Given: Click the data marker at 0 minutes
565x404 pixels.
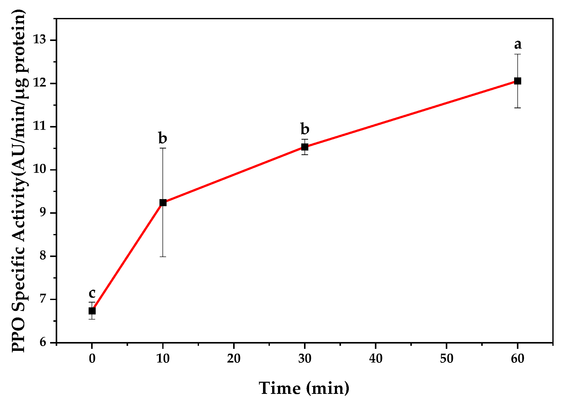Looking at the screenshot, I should pyautogui.click(x=92, y=311).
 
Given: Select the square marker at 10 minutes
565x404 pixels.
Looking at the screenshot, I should pyautogui.click(x=163, y=202).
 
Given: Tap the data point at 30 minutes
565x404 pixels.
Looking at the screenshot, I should pyautogui.click(x=305, y=147).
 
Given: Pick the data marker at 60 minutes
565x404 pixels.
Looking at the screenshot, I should pyautogui.click(x=517, y=81).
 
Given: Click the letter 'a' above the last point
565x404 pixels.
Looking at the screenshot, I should pyautogui.click(x=518, y=45).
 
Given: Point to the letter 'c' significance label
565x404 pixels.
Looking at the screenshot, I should pyautogui.click(x=92, y=293).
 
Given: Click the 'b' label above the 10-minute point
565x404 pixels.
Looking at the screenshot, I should pyautogui.click(x=163, y=138).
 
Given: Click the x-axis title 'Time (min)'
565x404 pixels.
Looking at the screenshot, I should pyautogui.click(x=304, y=388).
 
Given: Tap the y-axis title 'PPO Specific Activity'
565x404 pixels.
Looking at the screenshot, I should pyautogui.click(x=19, y=181).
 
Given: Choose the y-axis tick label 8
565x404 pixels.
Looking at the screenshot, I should pyautogui.click(x=43, y=256).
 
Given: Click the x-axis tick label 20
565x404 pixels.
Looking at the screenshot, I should pyautogui.click(x=234, y=359).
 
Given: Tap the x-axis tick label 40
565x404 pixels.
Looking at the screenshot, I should pyautogui.click(x=376, y=359).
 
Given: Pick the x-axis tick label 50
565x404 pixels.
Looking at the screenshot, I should pyautogui.click(x=447, y=359).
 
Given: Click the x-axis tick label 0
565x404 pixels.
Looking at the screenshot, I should pyautogui.click(x=92, y=359).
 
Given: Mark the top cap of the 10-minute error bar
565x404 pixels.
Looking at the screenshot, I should pyautogui.click(x=163, y=148).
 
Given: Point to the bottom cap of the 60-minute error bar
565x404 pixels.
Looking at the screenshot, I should pyautogui.click(x=517, y=108).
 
